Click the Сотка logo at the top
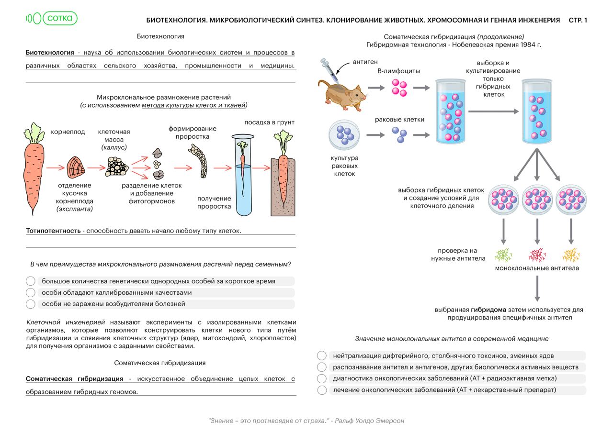(x=52, y=18)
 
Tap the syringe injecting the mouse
(x=330, y=70)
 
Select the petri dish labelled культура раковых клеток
(x=344, y=135)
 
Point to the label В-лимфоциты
(x=398, y=71)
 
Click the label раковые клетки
(x=399, y=120)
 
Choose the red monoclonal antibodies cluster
(x=537, y=255)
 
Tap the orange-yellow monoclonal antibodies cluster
(x=571, y=255)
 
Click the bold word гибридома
(x=488, y=310)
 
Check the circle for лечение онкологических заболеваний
(x=322, y=390)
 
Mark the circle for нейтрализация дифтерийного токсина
(x=322, y=356)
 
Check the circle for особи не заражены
(x=31, y=304)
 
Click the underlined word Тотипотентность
(x=53, y=231)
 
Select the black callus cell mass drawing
(x=117, y=167)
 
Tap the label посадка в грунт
(x=269, y=122)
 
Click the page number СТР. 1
(x=578, y=20)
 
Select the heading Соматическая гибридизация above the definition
(x=160, y=363)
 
